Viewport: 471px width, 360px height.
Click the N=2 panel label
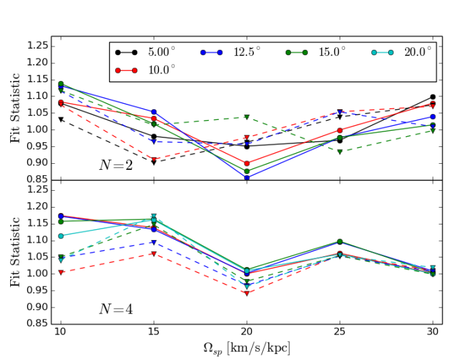115,165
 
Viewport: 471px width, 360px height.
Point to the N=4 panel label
115,309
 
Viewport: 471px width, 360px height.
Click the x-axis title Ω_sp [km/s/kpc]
246,349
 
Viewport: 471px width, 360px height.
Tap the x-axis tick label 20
247,332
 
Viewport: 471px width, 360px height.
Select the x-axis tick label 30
433,332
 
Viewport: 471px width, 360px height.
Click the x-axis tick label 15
154,332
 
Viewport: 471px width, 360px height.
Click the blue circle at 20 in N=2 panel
247,178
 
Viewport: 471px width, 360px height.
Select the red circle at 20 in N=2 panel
247,163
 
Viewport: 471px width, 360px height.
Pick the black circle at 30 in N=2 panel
433,97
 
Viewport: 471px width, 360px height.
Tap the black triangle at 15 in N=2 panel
154,162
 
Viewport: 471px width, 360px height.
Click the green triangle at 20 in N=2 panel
247,117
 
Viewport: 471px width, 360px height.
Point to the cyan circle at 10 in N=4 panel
61,236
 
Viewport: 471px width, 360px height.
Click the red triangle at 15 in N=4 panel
154,253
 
